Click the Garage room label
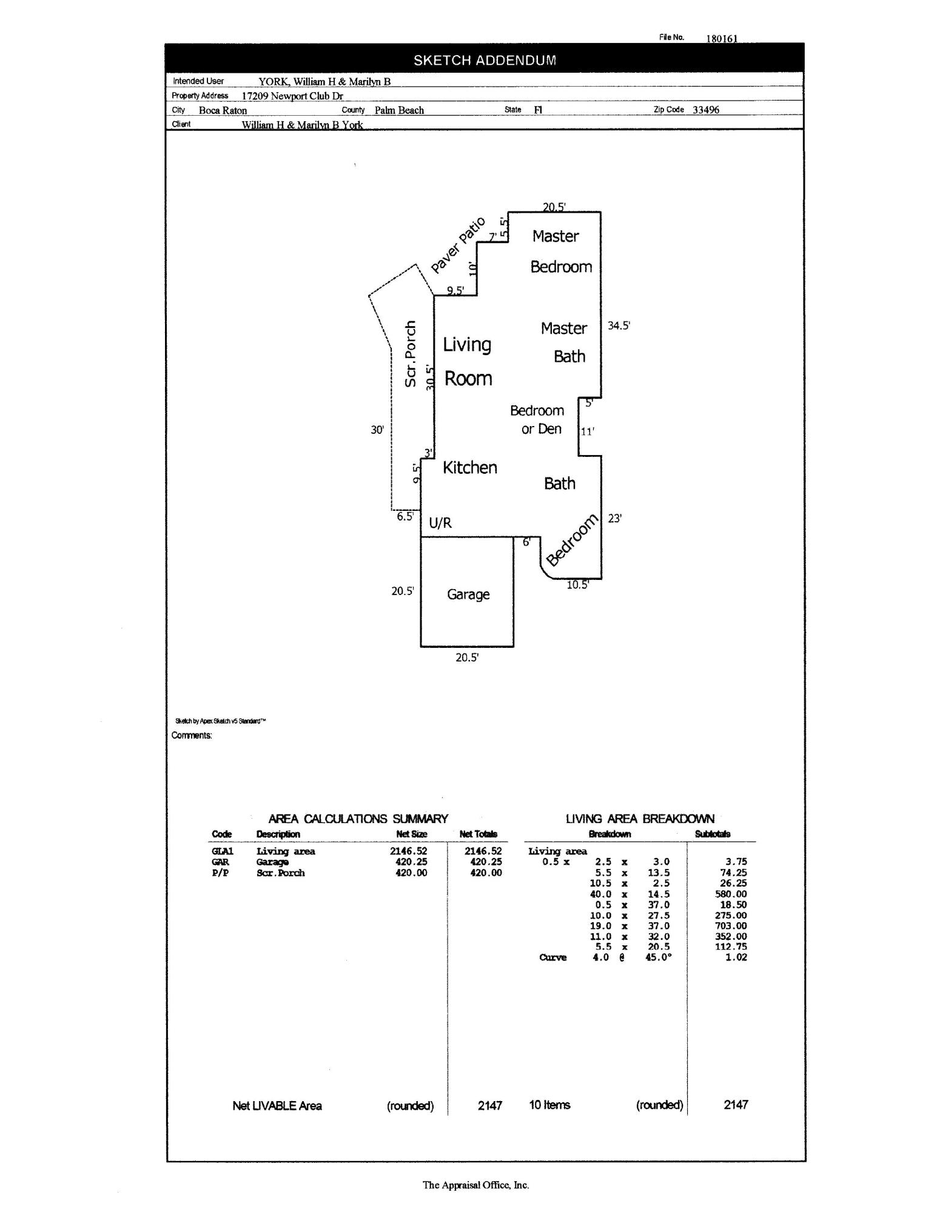[468, 594]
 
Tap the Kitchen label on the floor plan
[469, 467]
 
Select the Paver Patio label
[458, 245]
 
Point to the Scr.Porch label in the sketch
[411, 353]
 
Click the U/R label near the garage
[440, 523]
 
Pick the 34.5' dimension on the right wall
[619, 325]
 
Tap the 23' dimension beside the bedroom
[614, 518]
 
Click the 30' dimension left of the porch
[377, 430]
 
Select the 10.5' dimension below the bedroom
[577, 585]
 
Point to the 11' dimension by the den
[587, 431]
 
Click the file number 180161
[721, 38]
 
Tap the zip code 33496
[706, 110]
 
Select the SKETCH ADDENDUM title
[485, 60]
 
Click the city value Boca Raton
[223, 110]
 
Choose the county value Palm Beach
[399, 110]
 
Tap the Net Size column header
[411, 834]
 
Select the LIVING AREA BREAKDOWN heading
[640, 819]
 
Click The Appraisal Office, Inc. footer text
[475, 1185]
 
